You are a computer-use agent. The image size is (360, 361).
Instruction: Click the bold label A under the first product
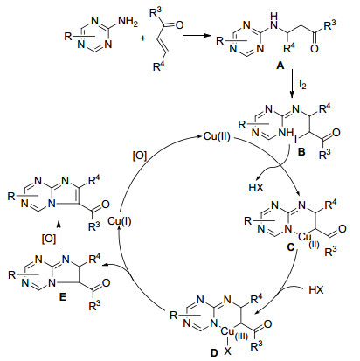(x=280, y=66)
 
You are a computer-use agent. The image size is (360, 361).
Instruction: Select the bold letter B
(x=301, y=151)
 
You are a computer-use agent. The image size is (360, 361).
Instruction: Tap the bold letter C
(x=291, y=247)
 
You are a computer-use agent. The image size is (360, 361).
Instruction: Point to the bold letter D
(x=214, y=353)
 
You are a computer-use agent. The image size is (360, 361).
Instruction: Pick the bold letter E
(x=63, y=297)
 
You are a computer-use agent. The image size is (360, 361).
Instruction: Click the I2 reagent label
(x=302, y=85)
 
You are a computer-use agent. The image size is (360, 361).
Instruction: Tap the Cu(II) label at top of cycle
(x=217, y=136)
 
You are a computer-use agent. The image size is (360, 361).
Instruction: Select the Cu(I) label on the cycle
(x=120, y=221)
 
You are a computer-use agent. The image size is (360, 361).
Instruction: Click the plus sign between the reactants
(x=142, y=38)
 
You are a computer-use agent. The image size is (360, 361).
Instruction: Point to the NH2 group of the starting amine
(x=128, y=22)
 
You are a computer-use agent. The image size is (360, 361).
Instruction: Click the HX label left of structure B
(x=256, y=187)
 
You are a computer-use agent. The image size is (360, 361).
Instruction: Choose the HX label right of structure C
(x=316, y=290)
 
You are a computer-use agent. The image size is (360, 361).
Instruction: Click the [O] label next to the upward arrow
(x=48, y=239)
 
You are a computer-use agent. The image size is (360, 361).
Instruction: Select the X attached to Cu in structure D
(x=227, y=351)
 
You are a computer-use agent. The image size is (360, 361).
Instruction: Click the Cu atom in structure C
(x=305, y=237)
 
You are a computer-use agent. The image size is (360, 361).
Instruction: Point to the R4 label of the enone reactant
(x=159, y=67)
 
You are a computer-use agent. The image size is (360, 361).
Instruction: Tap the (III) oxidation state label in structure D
(x=241, y=337)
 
